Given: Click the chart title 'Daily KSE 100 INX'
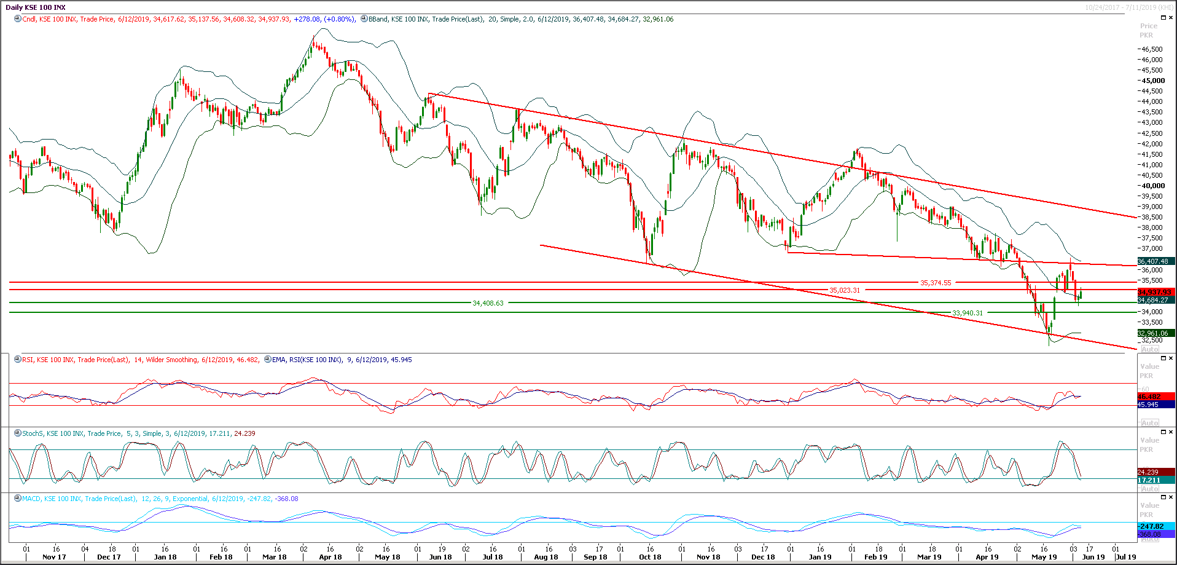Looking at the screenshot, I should pos(36,7).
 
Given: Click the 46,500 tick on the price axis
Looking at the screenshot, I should pos(1152,49).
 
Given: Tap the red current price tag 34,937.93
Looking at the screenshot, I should pos(1154,292).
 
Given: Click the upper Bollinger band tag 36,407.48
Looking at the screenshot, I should pos(1153,261).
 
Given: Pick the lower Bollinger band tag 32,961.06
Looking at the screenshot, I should pos(1153,333).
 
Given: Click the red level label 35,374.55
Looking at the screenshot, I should pos(936,283).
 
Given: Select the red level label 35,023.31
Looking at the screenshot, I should pos(845,290).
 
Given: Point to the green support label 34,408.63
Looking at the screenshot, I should pos(488,303).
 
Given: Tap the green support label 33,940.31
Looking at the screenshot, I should pos(968,313).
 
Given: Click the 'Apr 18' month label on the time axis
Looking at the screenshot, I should pos(330,557).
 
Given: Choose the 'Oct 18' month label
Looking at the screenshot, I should pos(650,557).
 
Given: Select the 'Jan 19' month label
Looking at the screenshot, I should pos(820,557).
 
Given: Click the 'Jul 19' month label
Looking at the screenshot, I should pos(1125,557).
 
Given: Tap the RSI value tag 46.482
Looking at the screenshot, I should pos(1149,397).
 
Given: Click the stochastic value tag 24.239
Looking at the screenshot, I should pos(1148,472).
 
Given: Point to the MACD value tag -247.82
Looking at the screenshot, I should pos(1151,526).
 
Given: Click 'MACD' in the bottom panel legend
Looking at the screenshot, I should pos(31,499).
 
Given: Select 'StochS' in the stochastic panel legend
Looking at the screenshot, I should pos(33,433).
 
